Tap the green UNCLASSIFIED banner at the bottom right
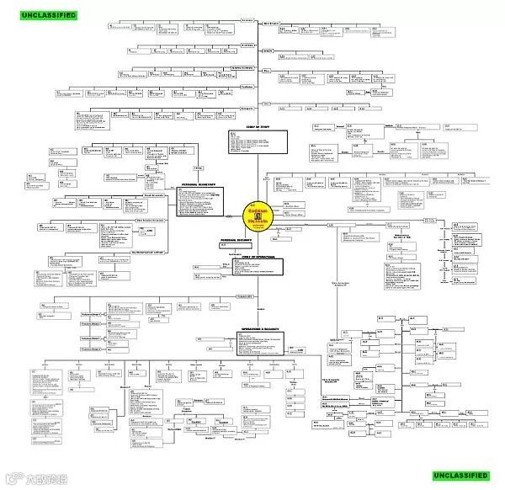click(x=460, y=475)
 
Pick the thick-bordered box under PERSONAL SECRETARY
click(x=199, y=203)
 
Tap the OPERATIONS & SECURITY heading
click(x=258, y=330)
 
